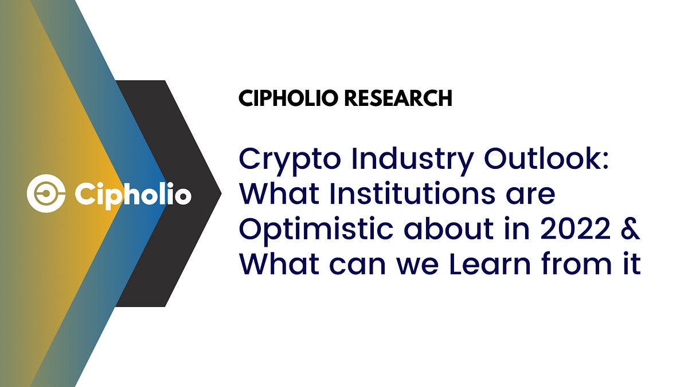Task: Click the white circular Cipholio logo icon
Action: click(x=44, y=194)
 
